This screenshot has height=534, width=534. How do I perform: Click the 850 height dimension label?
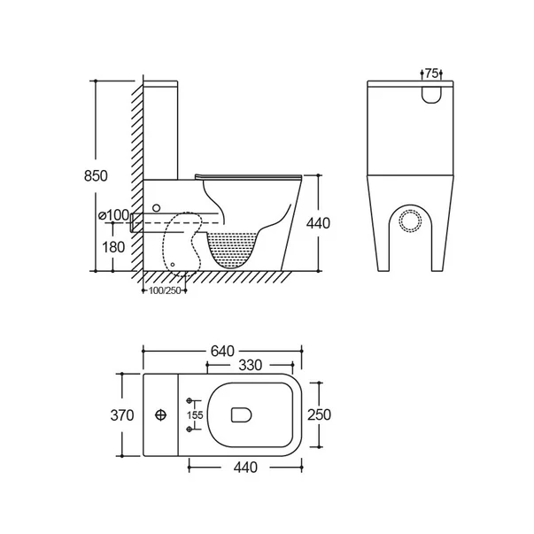click(x=96, y=175)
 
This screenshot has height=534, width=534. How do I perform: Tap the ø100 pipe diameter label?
click(x=113, y=215)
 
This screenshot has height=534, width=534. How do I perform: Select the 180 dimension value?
click(x=113, y=247)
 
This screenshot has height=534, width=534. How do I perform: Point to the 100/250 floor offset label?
click(x=165, y=290)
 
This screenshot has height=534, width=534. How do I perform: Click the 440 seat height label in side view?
click(x=318, y=223)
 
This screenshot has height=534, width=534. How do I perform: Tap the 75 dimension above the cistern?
click(x=431, y=74)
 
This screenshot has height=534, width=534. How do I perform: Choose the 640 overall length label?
click(x=222, y=351)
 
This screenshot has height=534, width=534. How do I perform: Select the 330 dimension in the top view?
click(x=251, y=366)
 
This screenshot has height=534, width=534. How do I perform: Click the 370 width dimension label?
click(x=122, y=415)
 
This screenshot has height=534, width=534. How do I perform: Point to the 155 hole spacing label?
click(x=195, y=415)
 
